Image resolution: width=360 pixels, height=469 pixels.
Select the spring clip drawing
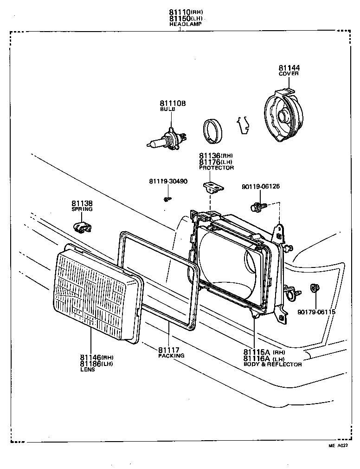[x=82, y=227]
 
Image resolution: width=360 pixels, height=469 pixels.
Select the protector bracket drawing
[x=212, y=187]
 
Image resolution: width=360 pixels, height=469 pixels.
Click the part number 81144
[x=289, y=68]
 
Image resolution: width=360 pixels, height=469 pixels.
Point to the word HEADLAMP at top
[x=185, y=24]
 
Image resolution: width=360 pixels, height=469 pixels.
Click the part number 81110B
[x=173, y=103]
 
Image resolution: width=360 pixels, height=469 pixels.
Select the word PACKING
[x=171, y=355]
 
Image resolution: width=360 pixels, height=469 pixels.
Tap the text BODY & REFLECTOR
[x=273, y=365]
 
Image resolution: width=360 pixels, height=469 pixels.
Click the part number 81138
[x=82, y=203]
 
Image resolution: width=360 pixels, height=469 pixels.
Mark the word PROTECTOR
[x=217, y=168]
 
